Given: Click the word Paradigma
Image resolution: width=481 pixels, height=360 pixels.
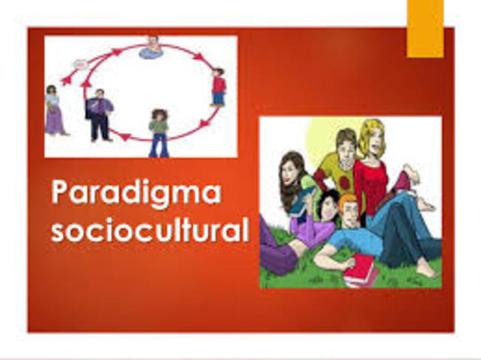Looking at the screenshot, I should click(136, 193).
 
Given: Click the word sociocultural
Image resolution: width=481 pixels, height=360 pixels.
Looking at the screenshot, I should click(150, 228).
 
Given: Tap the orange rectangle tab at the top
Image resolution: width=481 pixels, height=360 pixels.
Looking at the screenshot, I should click(425, 29).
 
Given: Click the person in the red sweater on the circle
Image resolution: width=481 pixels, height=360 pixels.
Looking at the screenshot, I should click(218, 86).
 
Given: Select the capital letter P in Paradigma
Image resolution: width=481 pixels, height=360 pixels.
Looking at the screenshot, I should click(60, 193).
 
